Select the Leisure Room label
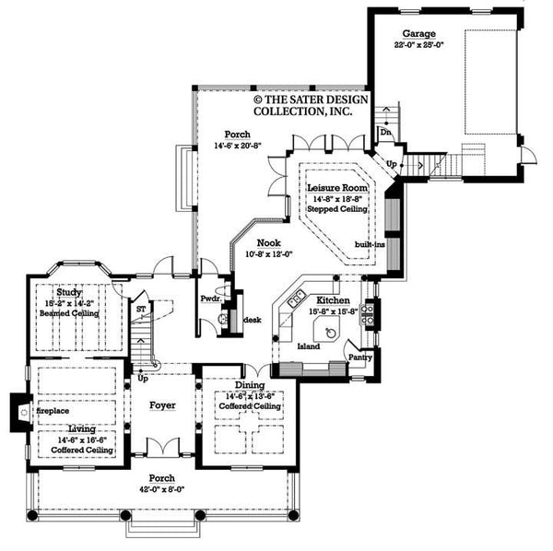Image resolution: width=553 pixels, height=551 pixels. click(x=336, y=187)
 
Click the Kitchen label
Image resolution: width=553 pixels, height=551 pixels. click(x=333, y=300)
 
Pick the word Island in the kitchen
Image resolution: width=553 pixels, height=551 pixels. click(x=309, y=347)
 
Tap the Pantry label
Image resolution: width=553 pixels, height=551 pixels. click(x=359, y=355)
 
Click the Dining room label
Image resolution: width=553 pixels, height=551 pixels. click(x=250, y=384)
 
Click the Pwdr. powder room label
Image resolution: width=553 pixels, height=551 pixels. click(x=210, y=299)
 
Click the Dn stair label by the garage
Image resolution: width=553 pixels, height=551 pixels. click(x=383, y=131)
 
